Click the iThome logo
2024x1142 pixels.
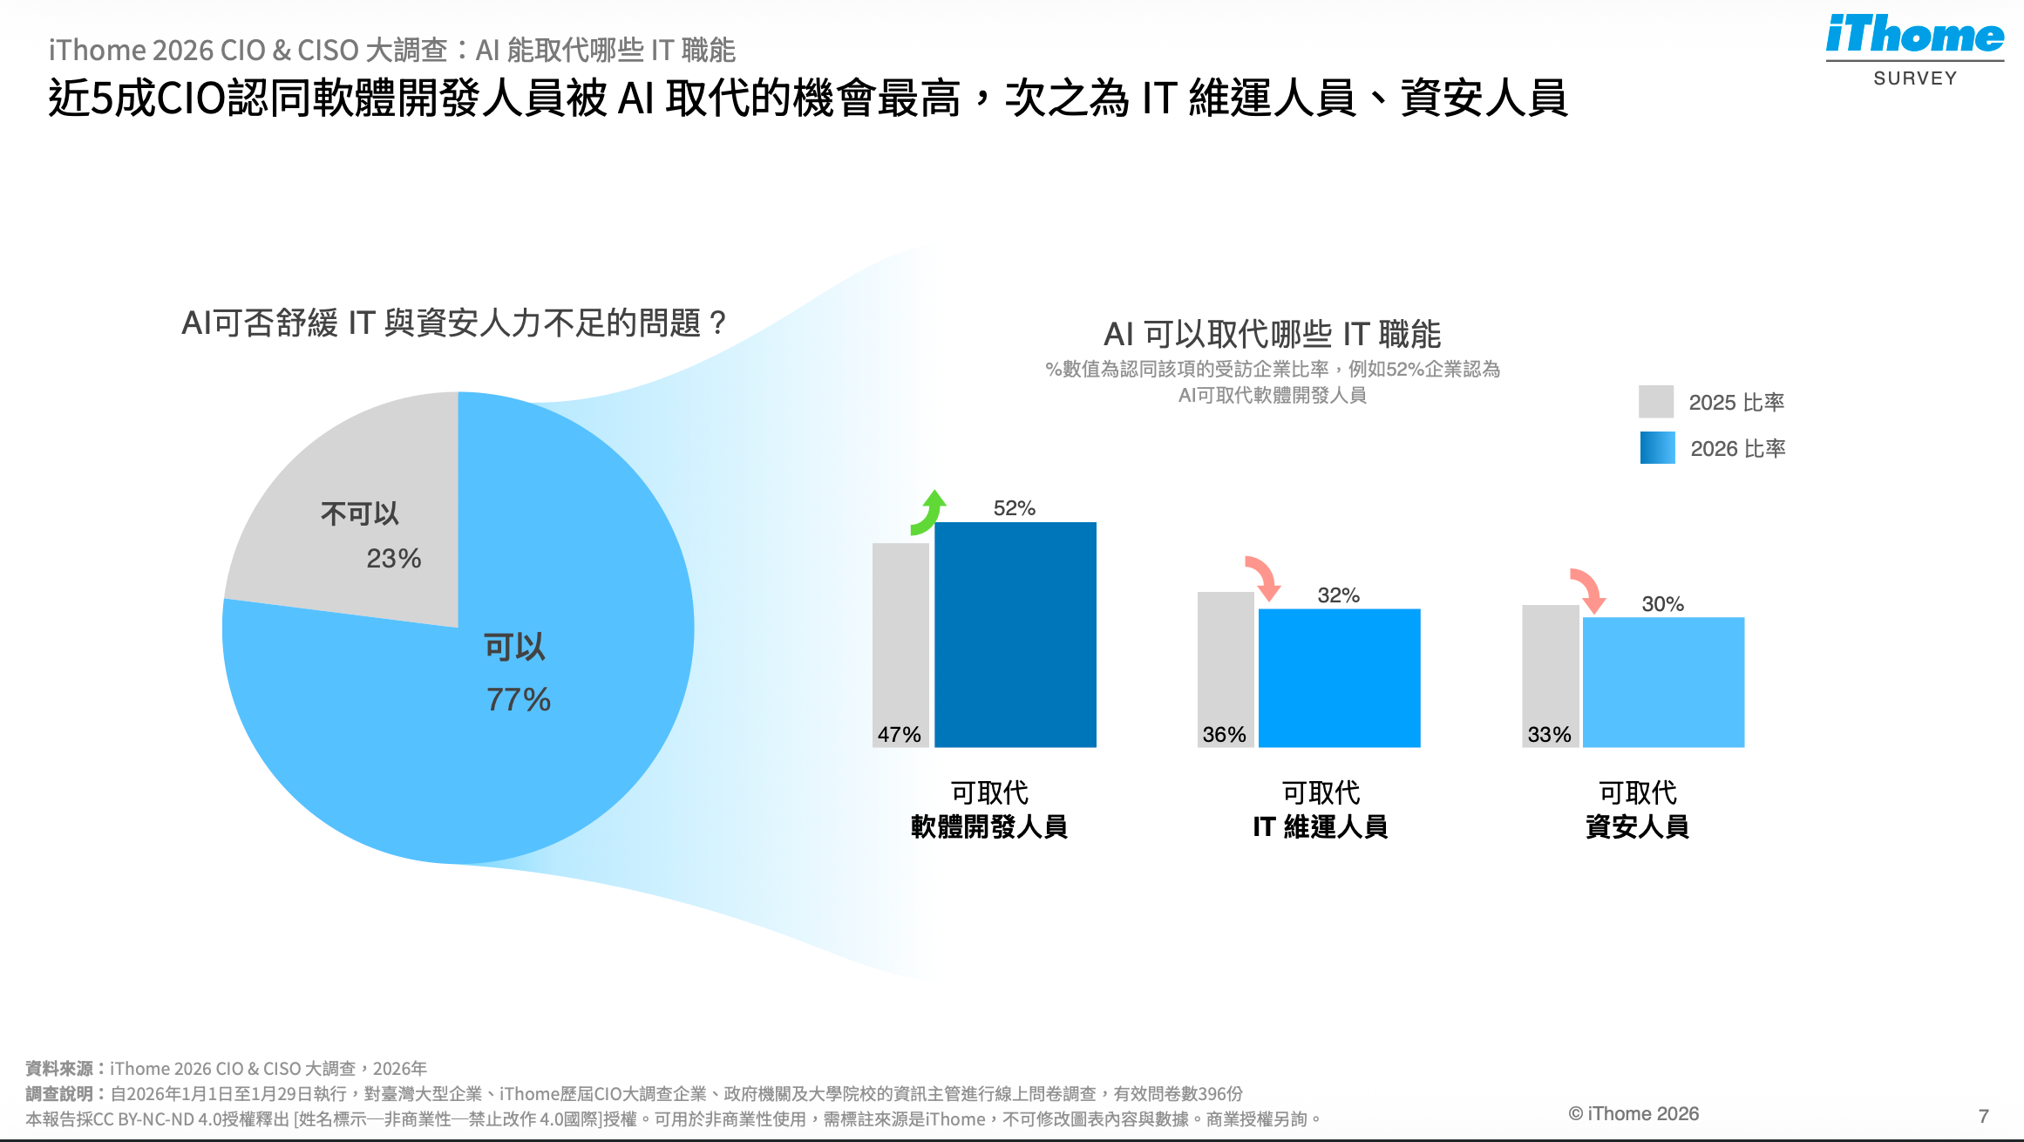(x=1914, y=37)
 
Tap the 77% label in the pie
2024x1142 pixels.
(x=519, y=699)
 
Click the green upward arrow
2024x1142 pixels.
(x=929, y=513)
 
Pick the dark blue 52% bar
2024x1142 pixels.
(x=1015, y=635)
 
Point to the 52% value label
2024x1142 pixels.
(x=1015, y=508)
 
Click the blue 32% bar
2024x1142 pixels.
(x=1339, y=677)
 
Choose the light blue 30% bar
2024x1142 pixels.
(x=1663, y=682)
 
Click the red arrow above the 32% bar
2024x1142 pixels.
(x=1263, y=578)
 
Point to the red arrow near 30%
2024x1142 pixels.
(x=1588, y=591)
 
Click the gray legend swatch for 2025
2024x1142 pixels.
(x=1655, y=402)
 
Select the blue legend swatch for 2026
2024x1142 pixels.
(x=1657, y=448)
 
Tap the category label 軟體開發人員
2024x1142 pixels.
(x=989, y=826)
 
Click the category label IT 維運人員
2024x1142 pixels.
(x=1320, y=826)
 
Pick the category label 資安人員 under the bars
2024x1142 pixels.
(x=1637, y=826)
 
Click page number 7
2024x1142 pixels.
(x=1983, y=1116)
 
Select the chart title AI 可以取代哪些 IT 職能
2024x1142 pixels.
(x=1272, y=334)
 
